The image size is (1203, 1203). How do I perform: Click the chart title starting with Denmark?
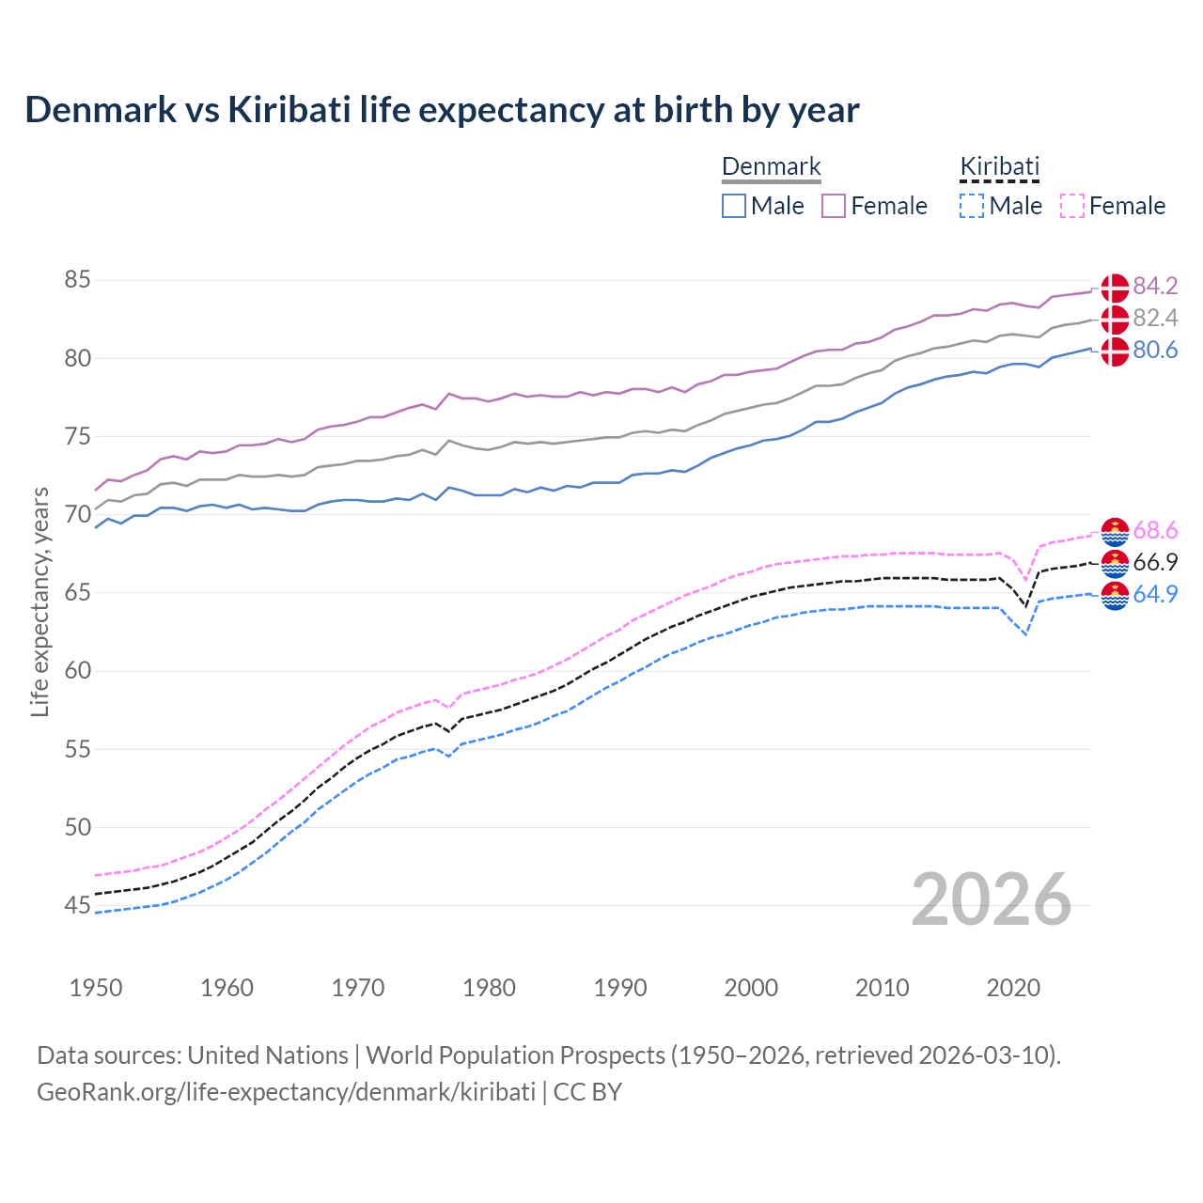pyautogui.click(x=442, y=110)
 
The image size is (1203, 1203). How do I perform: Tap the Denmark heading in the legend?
pyautogui.click(x=771, y=166)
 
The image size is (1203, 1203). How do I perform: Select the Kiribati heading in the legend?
pyautogui.click(x=999, y=166)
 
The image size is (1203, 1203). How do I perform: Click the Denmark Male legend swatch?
pyautogui.click(x=734, y=206)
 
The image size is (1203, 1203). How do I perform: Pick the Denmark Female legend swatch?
pyautogui.click(x=834, y=206)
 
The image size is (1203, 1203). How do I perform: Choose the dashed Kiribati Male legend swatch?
pyautogui.click(x=972, y=206)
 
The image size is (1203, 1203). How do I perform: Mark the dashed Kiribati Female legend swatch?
pyautogui.click(x=1072, y=206)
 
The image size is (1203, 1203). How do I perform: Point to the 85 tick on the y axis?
pyautogui.click(x=77, y=280)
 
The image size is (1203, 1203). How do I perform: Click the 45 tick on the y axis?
pyautogui.click(x=77, y=906)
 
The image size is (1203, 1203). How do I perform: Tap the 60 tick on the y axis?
pyautogui.click(x=77, y=671)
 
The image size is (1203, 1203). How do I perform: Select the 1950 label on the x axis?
pyautogui.click(x=96, y=988)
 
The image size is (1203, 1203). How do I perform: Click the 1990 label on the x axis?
pyautogui.click(x=620, y=988)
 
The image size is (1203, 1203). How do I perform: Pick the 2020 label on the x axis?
pyautogui.click(x=1013, y=988)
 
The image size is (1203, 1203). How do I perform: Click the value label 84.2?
pyautogui.click(x=1155, y=287)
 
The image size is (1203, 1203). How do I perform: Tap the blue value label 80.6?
pyautogui.click(x=1155, y=351)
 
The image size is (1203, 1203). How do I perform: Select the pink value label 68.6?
pyautogui.click(x=1155, y=531)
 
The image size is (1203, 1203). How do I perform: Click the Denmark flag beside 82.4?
pyautogui.click(x=1115, y=320)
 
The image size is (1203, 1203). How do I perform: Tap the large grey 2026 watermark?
pyautogui.click(x=992, y=900)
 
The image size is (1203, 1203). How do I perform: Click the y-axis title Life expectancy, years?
pyautogui.click(x=40, y=601)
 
